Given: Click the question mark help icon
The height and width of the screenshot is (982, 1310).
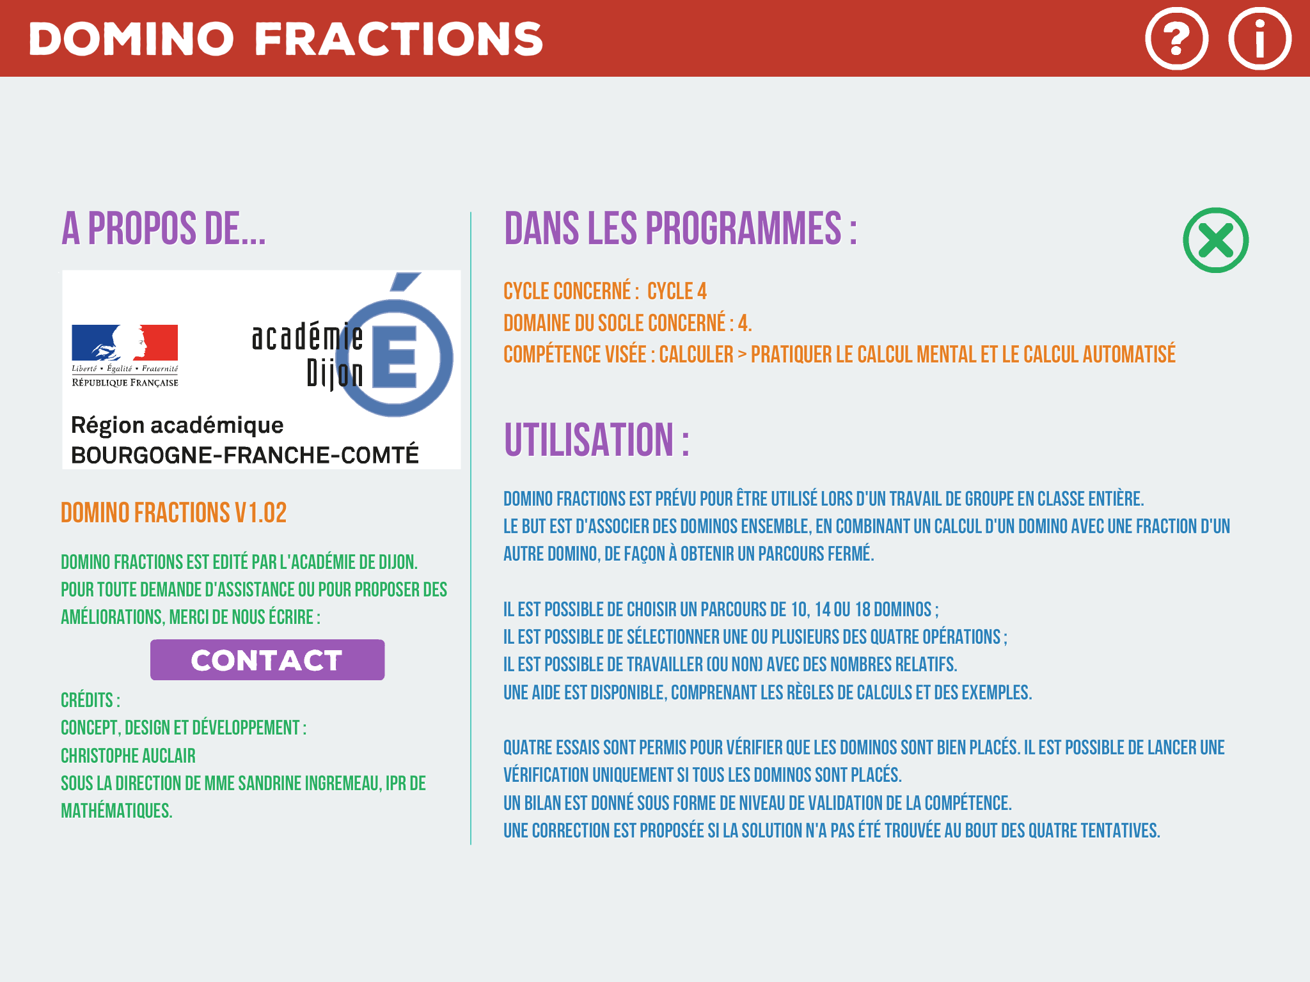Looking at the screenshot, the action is coord(1176,38).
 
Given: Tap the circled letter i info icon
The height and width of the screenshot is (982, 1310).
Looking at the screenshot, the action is coord(1259,38).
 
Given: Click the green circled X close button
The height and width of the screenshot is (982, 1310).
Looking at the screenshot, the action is coord(1215,240).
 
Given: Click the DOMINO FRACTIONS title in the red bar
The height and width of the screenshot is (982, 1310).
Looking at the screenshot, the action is coord(286,38).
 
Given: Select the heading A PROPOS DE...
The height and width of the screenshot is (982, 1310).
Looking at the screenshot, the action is coord(163,228).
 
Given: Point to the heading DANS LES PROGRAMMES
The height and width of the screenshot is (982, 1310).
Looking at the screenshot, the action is coord(680,228).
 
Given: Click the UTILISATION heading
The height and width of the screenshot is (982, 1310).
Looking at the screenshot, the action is coord(596,439).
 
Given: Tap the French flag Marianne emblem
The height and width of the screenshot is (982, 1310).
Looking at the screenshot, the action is coord(125,343).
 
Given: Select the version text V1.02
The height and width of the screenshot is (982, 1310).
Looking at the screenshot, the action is coord(260,513).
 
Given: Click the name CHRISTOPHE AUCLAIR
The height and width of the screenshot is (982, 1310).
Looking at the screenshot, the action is coord(128,756).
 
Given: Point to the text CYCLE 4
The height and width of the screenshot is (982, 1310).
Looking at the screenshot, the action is coord(677,291).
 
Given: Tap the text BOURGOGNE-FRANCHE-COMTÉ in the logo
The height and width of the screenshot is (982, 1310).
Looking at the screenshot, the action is coord(245,455).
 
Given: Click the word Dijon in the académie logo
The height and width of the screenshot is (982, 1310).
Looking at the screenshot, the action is coord(335,374).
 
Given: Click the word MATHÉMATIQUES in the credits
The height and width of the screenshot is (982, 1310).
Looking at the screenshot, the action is coord(116,811).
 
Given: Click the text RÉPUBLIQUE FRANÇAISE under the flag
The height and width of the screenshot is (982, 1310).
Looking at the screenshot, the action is coord(125,382).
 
